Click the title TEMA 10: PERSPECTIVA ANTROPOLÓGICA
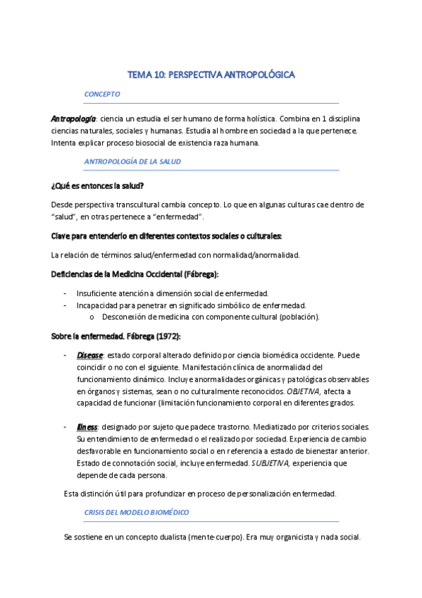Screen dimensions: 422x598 211,73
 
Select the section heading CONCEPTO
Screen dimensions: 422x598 101,94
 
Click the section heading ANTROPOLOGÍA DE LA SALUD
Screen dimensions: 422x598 132,161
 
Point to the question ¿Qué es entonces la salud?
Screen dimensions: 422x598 97,185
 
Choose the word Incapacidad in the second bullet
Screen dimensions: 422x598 99,305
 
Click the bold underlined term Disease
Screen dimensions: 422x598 89,355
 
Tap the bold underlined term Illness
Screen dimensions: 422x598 87,427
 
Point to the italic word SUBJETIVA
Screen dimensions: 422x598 271,463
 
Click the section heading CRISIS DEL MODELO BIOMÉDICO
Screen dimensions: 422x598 136,512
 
